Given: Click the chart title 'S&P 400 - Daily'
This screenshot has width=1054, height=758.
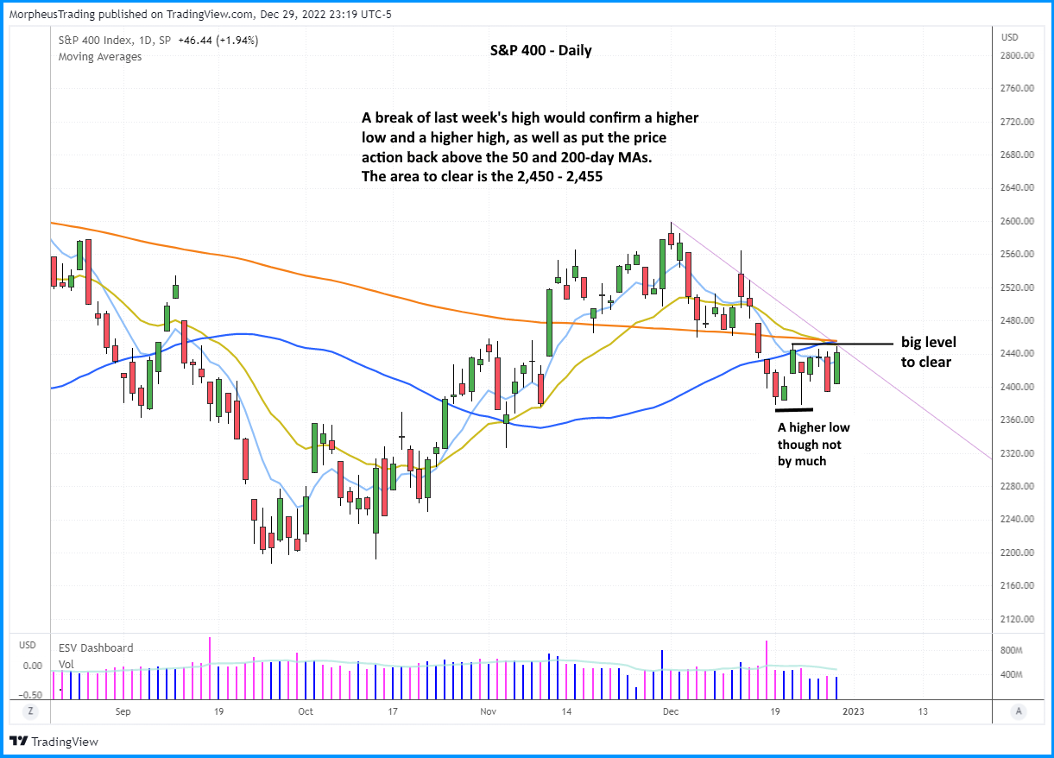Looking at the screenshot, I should (x=535, y=50).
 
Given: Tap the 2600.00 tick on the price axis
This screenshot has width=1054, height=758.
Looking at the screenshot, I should (x=1017, y=221).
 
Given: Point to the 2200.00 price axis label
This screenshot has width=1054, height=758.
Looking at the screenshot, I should (x=1017, y=553).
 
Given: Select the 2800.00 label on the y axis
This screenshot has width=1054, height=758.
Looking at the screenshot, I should (x=1017, y=55).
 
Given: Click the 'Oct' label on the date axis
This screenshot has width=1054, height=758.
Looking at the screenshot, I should (x=305, y=711).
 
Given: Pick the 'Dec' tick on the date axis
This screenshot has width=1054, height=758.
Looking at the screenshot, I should (x=670, y=711).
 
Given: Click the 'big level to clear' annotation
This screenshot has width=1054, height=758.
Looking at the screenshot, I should (x=928, y=352).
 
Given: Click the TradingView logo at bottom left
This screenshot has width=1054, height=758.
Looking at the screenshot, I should (x=54, y=742).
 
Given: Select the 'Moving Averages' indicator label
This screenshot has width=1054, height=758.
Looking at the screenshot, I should (x=99, y=57).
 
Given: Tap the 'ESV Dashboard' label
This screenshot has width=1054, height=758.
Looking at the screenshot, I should (x=96, y=647).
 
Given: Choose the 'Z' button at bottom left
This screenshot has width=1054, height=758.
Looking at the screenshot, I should (x=30, y=711).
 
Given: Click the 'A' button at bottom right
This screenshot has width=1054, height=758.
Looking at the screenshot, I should (x=1019, y=711).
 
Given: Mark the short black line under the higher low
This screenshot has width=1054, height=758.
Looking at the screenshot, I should (x=794, y=409).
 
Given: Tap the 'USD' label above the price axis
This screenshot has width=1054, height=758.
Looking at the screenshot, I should (x=1008, y=37).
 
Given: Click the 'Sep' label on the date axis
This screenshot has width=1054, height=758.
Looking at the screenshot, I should (x=122, y=711).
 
